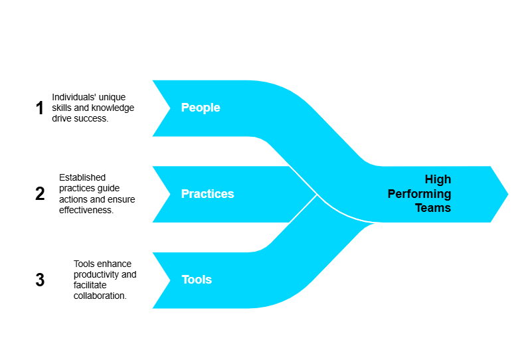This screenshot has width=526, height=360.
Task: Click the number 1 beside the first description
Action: (40, 108)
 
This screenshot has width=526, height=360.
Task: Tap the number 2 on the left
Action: (40, 194)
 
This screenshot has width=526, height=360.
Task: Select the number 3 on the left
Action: (40, 280)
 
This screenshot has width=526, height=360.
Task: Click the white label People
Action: (201, 108)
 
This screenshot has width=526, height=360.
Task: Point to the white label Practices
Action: (208, 193)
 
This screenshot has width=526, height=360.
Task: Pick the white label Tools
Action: (197, 280)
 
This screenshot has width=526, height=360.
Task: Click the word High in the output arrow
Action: (438, 179)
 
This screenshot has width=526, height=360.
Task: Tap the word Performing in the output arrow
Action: (419, 194)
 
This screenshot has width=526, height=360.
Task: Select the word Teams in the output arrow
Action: (433, 208)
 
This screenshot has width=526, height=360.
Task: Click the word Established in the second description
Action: (82, 177)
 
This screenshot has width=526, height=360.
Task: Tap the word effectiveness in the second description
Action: (86, 210)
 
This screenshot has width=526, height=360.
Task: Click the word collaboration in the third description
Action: (100, 296)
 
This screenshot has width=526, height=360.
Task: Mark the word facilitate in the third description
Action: (90, 285)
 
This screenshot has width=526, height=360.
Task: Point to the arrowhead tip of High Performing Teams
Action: (508, 194)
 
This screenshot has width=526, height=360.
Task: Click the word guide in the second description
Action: (110, 189)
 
